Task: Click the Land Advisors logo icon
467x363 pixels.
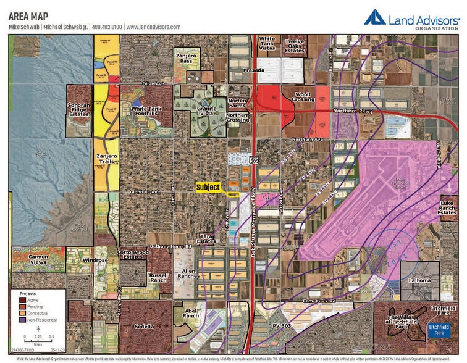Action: click(x=375, y=17)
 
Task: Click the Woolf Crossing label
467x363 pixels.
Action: click(x=303, y=96)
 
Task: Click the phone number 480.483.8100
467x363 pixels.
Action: click(x=109, y=27)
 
